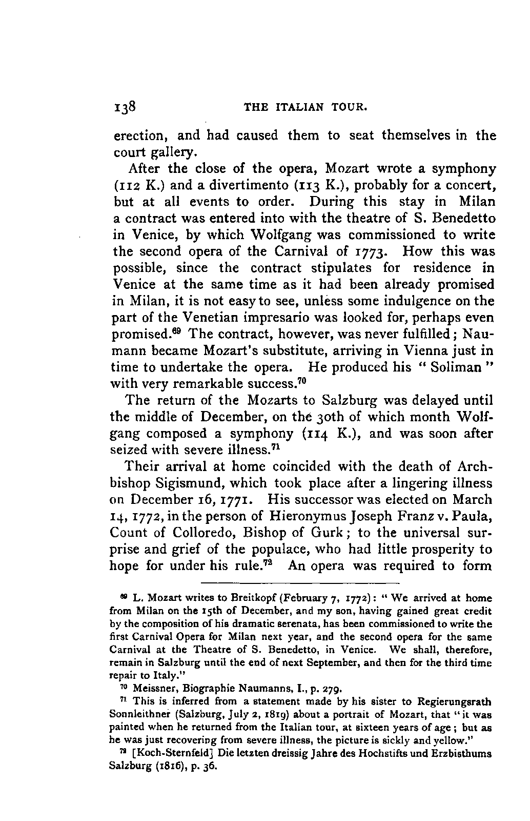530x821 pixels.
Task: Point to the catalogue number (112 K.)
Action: pos(136,185)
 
